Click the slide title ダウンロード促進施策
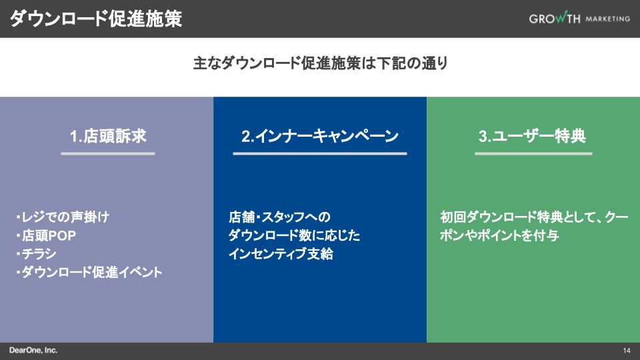coord(96,19)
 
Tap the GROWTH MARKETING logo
coord(579,19)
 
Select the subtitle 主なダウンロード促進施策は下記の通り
coord(320,64)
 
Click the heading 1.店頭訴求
coord(108,137)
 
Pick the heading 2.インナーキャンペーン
coord(320,137)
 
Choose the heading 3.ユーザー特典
coord(533,137)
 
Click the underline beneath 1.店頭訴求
coord(108,153)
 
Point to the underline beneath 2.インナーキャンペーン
coord(320,153)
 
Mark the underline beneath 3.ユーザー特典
coord(533,153)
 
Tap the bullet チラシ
coord(36,254)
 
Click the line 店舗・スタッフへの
coord(279,217)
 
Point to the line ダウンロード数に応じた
coord(294,235)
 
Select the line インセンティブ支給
coord(281,254)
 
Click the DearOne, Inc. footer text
coord(33,350)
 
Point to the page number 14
coord(627,351)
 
